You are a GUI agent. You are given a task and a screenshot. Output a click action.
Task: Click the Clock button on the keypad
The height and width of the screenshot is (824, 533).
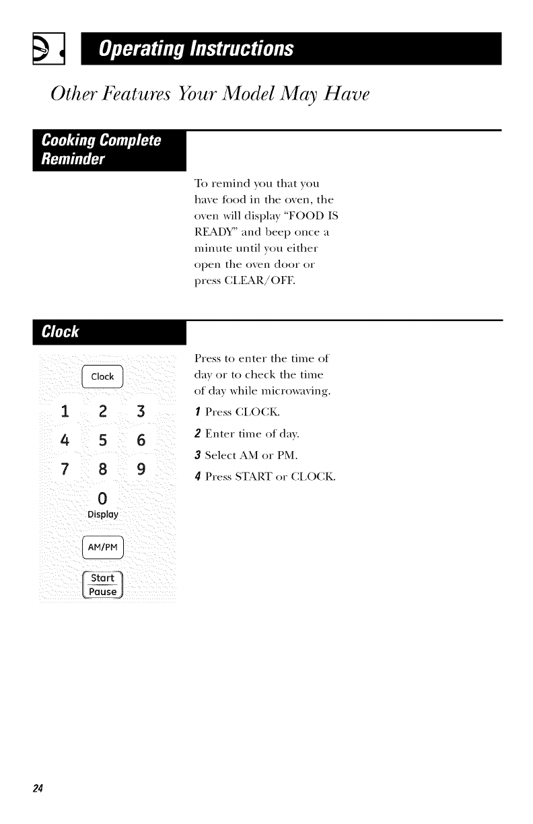102,376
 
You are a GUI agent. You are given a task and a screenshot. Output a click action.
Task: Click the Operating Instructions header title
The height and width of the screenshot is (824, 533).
196,49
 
